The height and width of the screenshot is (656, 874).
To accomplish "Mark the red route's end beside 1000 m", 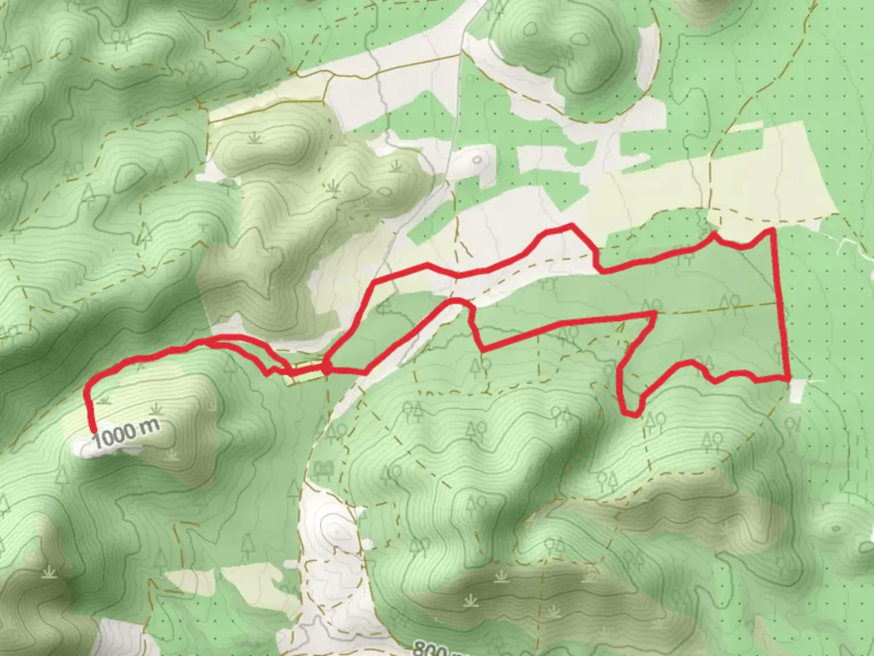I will [94, 431].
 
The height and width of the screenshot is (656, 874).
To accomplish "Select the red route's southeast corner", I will [788, 378].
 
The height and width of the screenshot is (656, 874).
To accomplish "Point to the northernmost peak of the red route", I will [571, 225].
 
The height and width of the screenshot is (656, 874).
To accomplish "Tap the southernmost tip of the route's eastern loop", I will [633, 415].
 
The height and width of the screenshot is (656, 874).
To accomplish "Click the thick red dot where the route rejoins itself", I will [327, 367].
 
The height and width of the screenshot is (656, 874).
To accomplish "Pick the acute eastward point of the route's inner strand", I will [655, 313].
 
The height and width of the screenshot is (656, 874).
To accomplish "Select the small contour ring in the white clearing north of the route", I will [477, 160].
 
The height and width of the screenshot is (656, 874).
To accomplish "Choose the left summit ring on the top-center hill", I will [529, 28].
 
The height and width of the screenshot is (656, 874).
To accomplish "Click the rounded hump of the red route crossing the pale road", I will [455, 302].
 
